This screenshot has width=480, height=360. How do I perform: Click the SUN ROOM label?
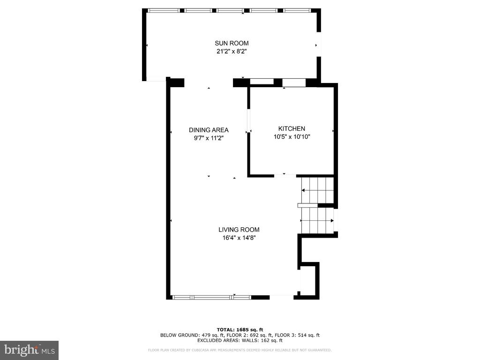(232, 43)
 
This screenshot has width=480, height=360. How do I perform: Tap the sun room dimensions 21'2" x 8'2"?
(232, 52)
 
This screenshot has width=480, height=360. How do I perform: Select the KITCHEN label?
(292, 128)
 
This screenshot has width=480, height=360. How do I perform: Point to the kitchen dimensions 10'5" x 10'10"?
(292, 137)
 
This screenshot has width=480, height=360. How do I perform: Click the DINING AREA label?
(209, 130)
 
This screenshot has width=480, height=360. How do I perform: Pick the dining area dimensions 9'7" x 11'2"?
(209, 138)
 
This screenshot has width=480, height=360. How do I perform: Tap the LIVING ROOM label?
(239, 230)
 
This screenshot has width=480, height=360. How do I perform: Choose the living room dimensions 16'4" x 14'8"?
(239, 238)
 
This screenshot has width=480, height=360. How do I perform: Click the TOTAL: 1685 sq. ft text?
(240, 330)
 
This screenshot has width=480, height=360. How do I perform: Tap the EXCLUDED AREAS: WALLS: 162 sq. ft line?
(240, 340)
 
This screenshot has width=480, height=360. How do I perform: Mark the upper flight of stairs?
(317, 190)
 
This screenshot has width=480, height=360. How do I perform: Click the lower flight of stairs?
(317, 220)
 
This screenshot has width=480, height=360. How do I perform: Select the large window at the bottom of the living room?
(212, 297)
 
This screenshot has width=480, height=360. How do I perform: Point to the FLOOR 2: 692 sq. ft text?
(249, 335)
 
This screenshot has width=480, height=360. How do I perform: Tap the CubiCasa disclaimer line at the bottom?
(240, 350)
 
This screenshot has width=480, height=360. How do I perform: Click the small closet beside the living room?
(308, 281)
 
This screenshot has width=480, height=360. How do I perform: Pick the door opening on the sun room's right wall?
(319, 45)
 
